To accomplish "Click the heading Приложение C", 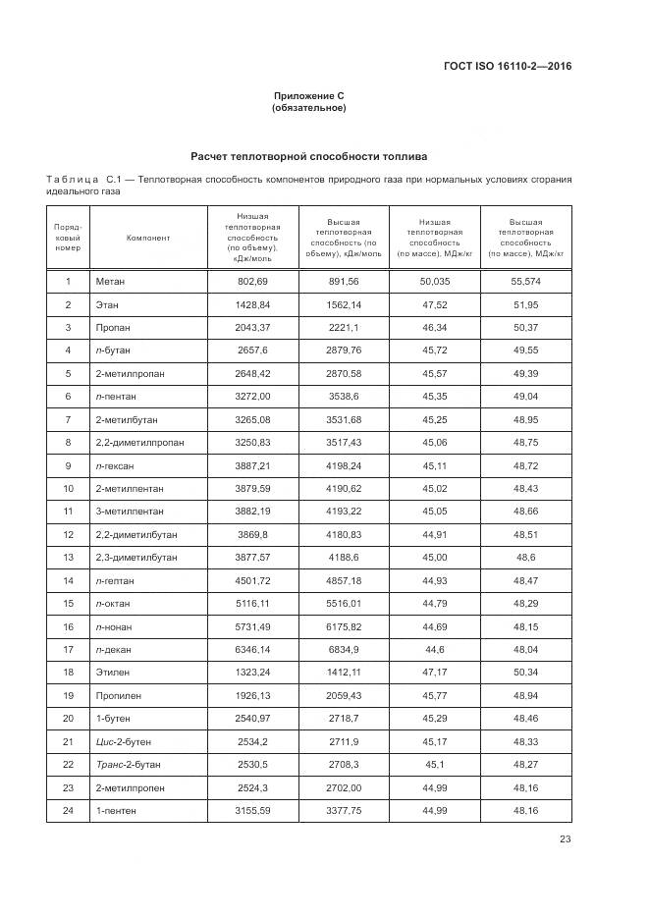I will tap(308, 95).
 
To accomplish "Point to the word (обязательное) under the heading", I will tap(308, 108).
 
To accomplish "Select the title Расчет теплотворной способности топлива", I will tap(308, 156).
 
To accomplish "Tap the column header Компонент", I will tap(148, 237).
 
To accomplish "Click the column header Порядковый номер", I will tap(68, 237).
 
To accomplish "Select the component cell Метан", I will tap(110, 282).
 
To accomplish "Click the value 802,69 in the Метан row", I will tap(252, 282).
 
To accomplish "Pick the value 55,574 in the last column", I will tap(525, 282).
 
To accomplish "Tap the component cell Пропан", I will tap(113, 327).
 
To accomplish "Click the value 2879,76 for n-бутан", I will tap(343, 351).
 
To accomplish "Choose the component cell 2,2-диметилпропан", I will tap(139, 442).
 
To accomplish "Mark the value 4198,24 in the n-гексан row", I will tap(343, 465).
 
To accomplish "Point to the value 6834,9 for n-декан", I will tap(343, 649).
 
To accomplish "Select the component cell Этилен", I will tap(112, 673).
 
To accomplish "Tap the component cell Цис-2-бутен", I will tap(124, 741).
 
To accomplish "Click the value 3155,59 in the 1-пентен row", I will tap(252, 810).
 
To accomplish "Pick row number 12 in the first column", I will tap(68, 534).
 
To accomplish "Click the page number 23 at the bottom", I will tap(566, 838).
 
